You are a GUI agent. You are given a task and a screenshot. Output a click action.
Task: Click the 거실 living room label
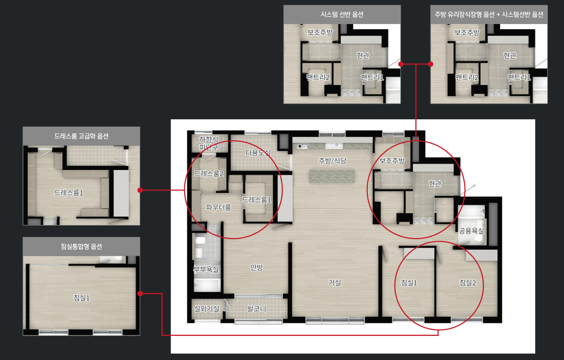(334, 283)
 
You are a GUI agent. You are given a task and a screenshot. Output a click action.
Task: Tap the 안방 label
(256, 267)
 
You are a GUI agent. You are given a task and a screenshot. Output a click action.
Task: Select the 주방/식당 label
(332, 161)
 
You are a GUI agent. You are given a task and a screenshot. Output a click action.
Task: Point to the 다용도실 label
(258, 152)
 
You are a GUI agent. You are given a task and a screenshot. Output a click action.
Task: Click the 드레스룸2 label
(209, 174)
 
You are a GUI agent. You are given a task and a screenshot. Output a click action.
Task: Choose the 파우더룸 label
(218, 207)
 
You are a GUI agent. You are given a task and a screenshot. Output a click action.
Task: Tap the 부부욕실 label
(206, 269)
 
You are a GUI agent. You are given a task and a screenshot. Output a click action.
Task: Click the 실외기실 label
(207, 309)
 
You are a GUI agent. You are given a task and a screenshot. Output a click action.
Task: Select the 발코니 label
(256, 309)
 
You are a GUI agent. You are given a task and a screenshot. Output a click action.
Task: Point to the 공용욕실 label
(471, 231)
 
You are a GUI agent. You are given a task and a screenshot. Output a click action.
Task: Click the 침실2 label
(468, 283)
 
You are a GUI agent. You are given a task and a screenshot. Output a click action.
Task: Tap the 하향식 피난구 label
(209, 143)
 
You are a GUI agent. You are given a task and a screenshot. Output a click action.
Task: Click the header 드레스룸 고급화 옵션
(81, 136)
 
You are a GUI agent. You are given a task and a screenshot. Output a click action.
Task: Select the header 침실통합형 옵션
(81, 246)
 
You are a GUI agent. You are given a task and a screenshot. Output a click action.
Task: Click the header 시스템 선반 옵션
(342, 14)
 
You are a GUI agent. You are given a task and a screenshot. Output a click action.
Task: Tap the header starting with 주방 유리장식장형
(489, 14)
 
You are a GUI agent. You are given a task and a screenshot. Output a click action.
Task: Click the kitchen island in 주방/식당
(332, 176)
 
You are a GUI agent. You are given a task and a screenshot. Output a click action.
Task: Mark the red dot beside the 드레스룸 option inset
(140, 190)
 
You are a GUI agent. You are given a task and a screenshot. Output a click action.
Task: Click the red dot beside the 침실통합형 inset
(140, 294)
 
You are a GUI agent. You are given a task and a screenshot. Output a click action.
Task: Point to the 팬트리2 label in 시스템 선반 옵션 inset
(318, 77)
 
